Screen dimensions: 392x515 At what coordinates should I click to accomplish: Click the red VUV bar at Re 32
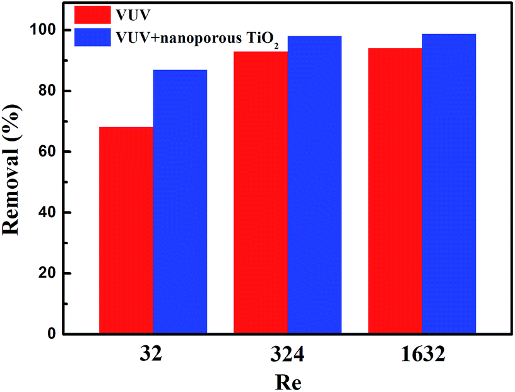(126, 230)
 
